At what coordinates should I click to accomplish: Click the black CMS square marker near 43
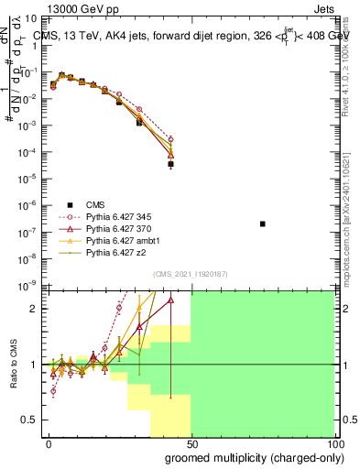(x=170, y=164)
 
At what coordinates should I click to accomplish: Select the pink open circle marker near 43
(x=170, y=140)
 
